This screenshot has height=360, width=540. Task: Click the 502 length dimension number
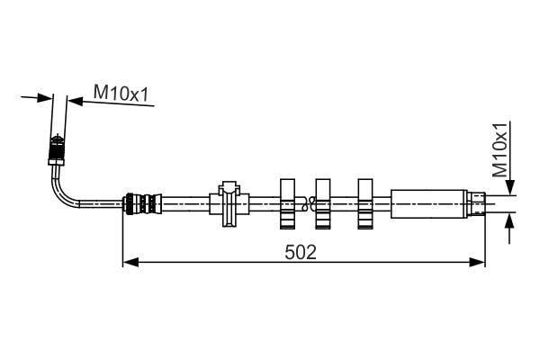click(301, 252)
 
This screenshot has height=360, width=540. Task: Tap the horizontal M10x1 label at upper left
click(121, 94)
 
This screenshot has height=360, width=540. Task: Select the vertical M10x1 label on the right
click(500, 149)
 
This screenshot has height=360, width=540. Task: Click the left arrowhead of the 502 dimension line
click(130, 262)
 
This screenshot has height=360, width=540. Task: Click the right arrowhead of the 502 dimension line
click(477, 262)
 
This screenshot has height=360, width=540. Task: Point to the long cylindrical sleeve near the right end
click(428, 203)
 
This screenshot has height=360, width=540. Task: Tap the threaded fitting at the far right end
click(476, 203)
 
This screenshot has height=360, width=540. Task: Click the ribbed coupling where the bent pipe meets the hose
click(143, 204)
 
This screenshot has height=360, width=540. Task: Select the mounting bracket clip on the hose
click(229, 203)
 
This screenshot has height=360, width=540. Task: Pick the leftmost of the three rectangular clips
click(288, 204)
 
